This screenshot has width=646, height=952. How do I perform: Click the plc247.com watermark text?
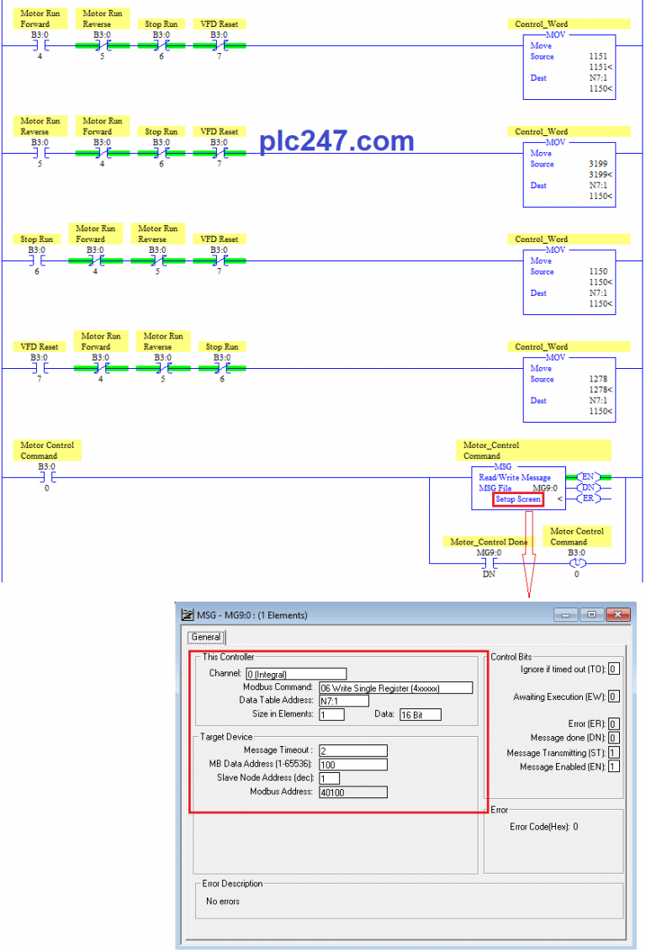[336, 141]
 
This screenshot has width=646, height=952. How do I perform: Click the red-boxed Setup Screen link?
[518, 499]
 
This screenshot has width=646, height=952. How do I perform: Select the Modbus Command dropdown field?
[395, 688]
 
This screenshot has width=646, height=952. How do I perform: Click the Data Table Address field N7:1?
[344, 701]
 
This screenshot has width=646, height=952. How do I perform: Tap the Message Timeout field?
[353, 750]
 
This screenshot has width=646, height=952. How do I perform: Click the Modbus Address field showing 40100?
[353, 792]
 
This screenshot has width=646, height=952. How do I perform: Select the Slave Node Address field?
[330, 778]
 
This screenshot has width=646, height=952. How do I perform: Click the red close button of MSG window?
[617, 614]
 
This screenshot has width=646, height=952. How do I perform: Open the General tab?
[206, 637]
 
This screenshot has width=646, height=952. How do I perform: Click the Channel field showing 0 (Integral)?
[297, 674]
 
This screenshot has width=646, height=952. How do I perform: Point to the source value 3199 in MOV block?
[598, 164]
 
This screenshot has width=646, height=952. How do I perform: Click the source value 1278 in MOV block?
[598, 379]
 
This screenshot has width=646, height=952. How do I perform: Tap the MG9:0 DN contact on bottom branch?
[490, 564]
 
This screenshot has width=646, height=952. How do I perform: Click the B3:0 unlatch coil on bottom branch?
[577, 564]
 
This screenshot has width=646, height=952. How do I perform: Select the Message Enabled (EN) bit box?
[614, 767]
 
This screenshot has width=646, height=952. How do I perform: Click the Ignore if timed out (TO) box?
[614, 669]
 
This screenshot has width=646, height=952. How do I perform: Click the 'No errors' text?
[222, 901]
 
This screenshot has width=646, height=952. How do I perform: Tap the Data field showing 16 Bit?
[421, 714]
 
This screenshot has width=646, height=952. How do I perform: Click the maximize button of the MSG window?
[591, 614]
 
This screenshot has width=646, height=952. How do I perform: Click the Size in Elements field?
[331, 714]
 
